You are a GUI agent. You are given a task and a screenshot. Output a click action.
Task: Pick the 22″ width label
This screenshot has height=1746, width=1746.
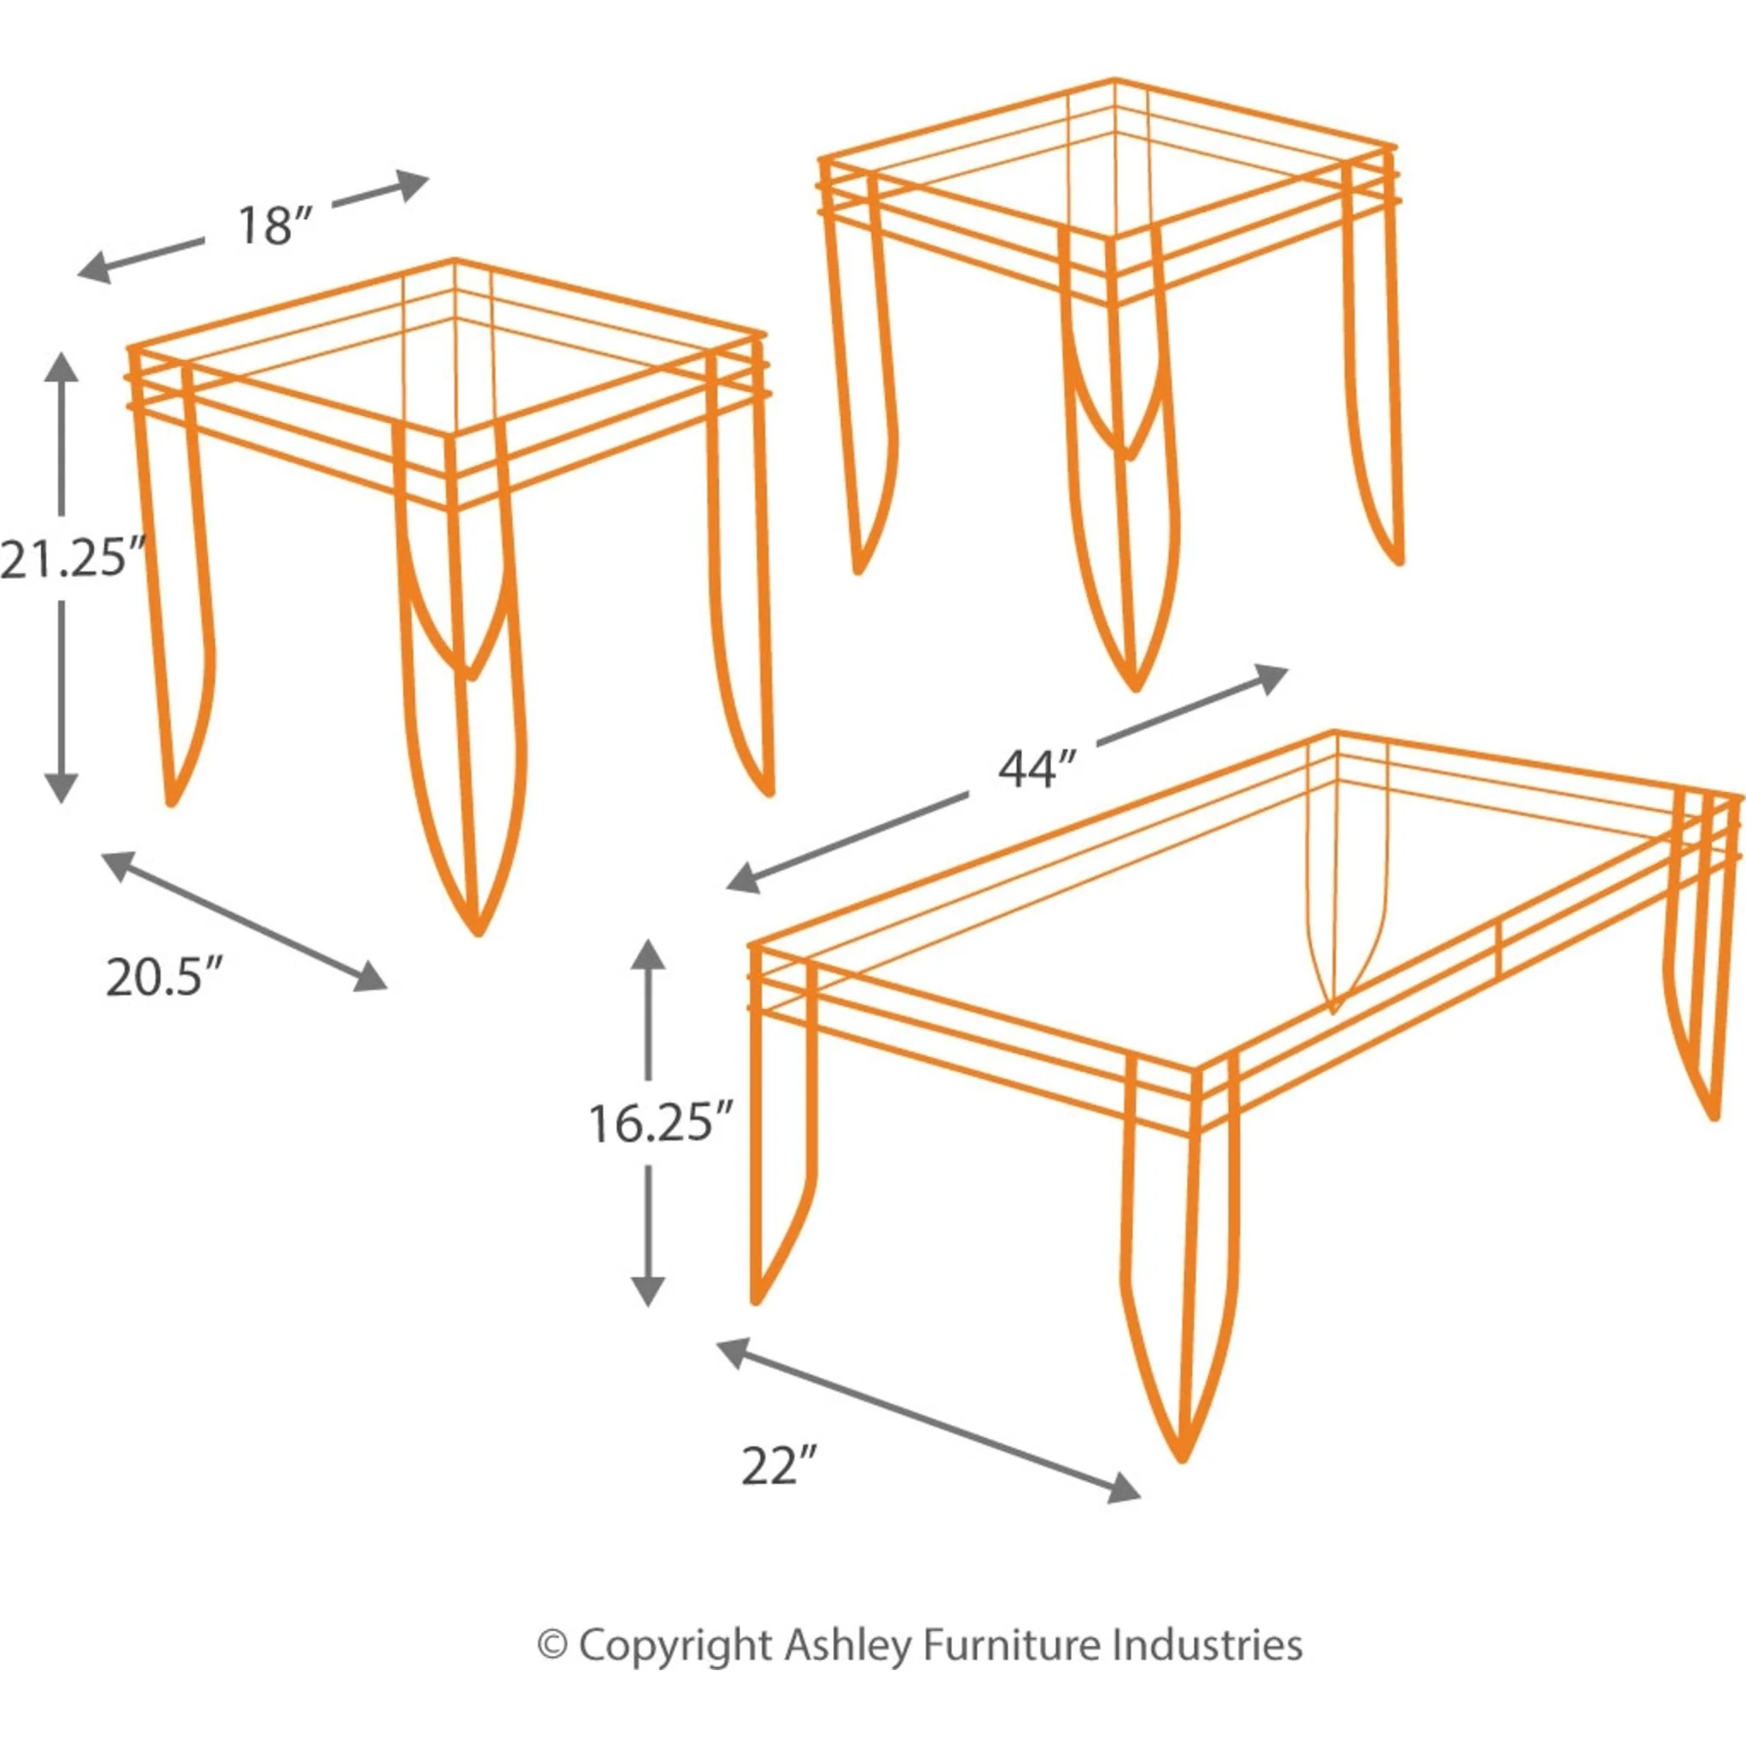[x=780, y=1465]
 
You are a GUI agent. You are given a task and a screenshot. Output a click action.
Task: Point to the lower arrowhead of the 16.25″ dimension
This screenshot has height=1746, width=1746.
[x=647, y=1291]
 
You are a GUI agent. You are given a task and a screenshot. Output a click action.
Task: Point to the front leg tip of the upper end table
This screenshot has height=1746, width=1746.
[x=1135, y=688]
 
